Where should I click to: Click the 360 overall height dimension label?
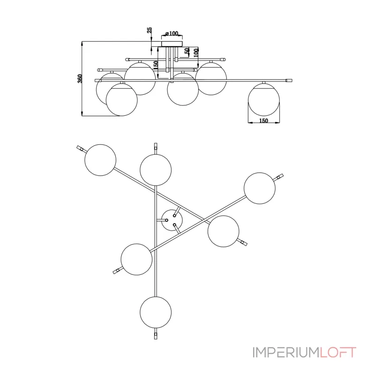point(80,79)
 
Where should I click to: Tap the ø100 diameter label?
point(172,33)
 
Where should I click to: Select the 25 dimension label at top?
point(149,30)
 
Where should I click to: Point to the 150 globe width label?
point(263,121)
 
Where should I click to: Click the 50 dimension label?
point(187,51)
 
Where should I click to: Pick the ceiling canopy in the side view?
point(172,44)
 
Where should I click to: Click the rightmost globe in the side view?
point(264,99)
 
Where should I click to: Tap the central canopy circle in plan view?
point(172,220)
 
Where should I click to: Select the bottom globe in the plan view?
point(156,312)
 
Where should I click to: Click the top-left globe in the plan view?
point(100,160)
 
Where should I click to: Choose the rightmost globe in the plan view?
point(260,188)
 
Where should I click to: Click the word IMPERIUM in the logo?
point(286,352)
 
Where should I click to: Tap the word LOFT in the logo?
point(338,352)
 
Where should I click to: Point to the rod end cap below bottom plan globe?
point(156,336)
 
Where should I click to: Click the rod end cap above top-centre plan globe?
point(156,146)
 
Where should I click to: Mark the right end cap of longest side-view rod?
point(289,80)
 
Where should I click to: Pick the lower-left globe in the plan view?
point(136,259)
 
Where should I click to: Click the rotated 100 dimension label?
point(196,52)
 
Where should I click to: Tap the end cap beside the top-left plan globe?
point(80,148)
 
